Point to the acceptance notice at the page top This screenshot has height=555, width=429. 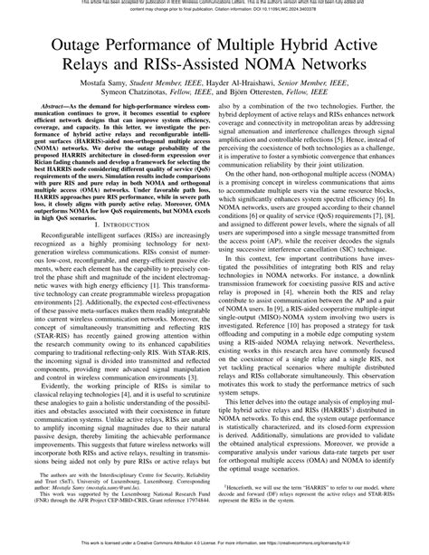click(x=214, y=5)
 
